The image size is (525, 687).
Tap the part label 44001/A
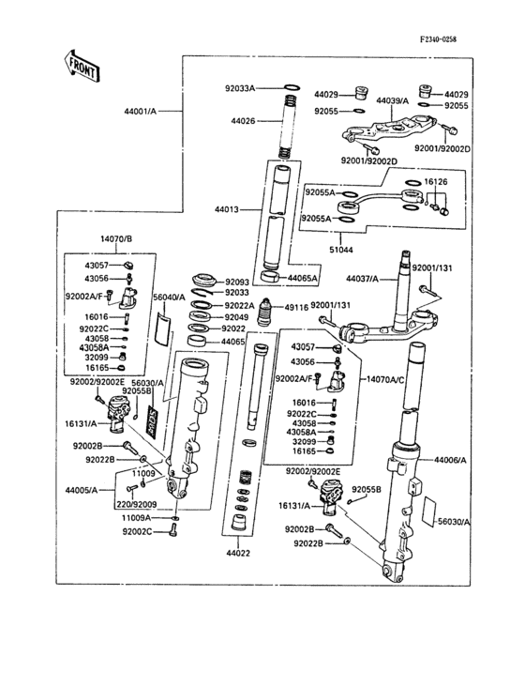click(140, 111)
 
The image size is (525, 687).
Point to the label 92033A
click(240, 89)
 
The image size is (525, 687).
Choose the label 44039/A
click(392, 100)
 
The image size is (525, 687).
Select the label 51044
click(342, 250)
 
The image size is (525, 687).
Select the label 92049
click(239, 317)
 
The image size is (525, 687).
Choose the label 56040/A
click(170, 297)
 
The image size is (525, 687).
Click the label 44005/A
click(82, 490)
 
